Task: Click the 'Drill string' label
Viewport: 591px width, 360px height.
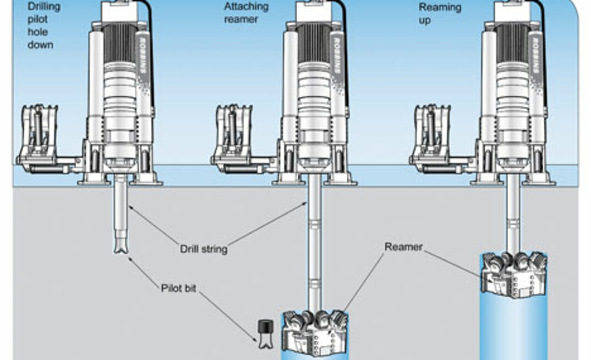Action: [x=204, y=249]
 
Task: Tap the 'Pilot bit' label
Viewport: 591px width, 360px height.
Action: [x=178, y=287]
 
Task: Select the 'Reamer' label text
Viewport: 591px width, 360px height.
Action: [x=403, y=247]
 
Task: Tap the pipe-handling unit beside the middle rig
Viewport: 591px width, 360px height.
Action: [x=235, y=140]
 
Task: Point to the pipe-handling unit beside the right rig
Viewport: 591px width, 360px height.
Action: [x=433, y=140]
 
